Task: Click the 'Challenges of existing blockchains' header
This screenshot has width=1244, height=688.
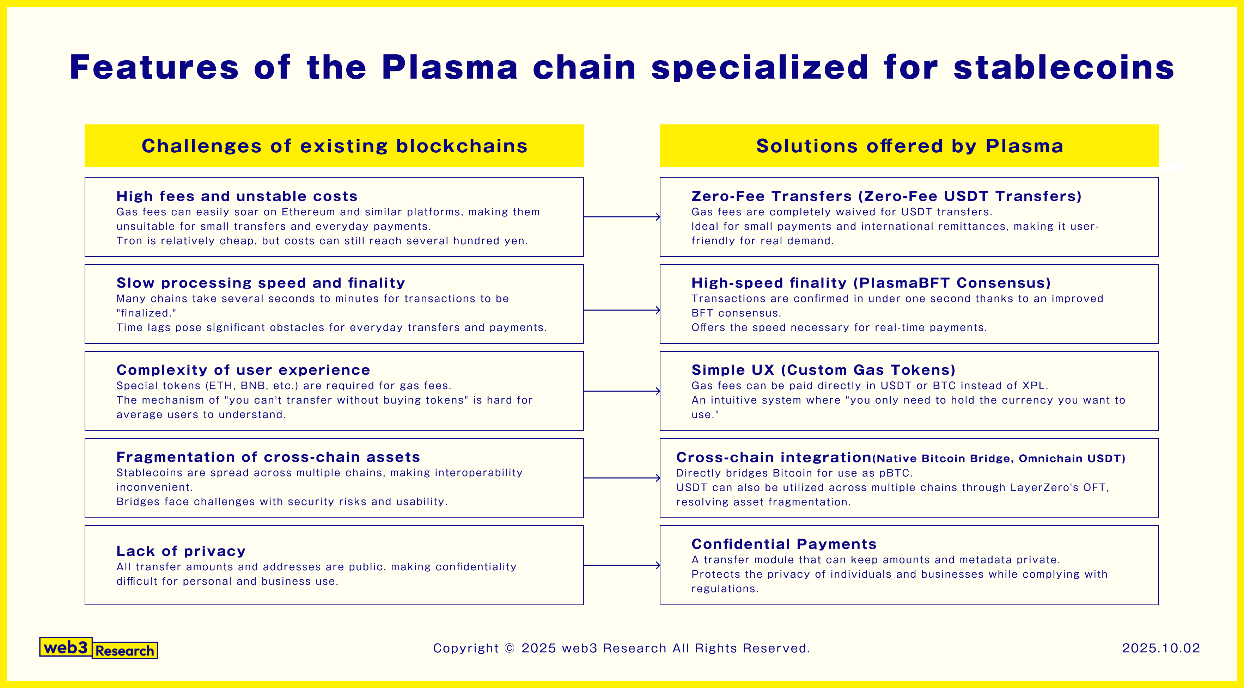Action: tap(334, 146)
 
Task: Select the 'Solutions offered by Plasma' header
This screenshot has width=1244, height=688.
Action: tap(909, 146)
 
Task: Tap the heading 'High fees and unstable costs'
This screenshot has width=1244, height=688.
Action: tap(237, 196)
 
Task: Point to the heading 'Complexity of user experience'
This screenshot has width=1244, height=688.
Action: tap(243, 370)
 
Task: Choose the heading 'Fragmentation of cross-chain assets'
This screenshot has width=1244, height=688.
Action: tap(268, 457)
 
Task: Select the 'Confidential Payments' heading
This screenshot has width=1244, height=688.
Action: tap(783, 544)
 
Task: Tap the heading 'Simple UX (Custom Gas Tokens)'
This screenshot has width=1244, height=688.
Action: tap(823, 370)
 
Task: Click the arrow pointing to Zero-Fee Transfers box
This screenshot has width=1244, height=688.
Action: tap(622, 217)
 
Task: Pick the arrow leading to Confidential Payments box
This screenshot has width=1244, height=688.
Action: tap(622, 565)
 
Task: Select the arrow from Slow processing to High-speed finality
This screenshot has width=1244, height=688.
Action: tap(622, 310)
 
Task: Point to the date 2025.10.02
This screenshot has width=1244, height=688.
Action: tap(1160, 648)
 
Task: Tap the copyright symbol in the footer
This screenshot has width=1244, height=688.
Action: tap(509, 648)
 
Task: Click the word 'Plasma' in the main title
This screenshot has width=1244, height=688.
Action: tap(449, 68)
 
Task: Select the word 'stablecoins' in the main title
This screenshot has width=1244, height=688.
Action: tap(1063, 68)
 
